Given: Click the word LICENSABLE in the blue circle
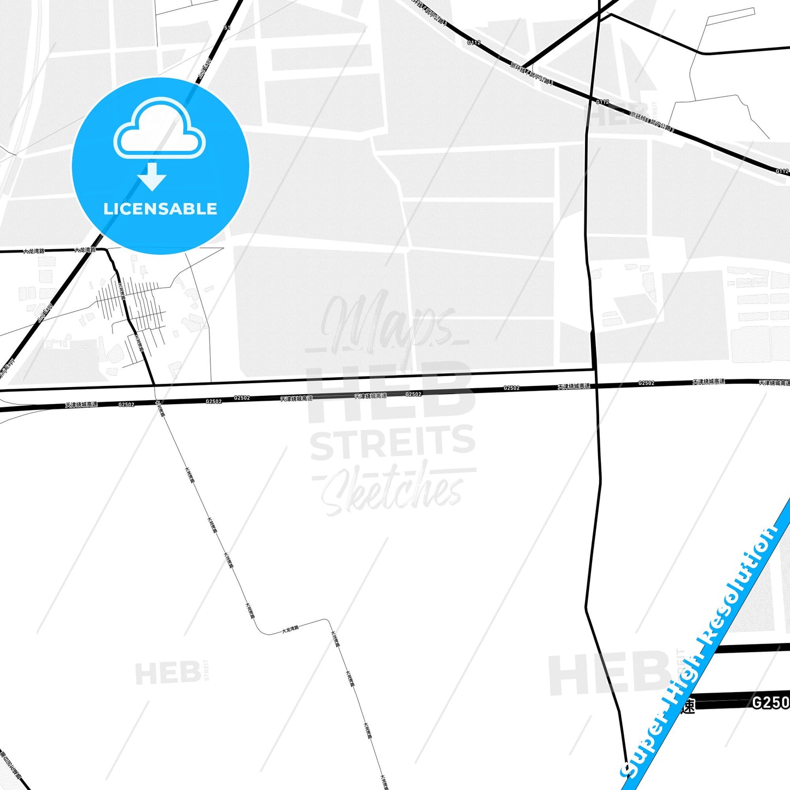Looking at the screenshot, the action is point(160,209).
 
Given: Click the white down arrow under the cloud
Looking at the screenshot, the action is point(152,177).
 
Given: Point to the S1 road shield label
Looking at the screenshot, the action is point(227,27).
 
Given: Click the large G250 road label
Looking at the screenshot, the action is point(770,703).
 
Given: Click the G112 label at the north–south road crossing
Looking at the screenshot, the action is point(602,102).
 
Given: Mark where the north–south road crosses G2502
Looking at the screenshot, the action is point(596,385).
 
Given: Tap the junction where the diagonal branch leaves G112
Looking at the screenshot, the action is point(525,66).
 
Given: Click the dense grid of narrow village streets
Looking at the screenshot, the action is point(131,306).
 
